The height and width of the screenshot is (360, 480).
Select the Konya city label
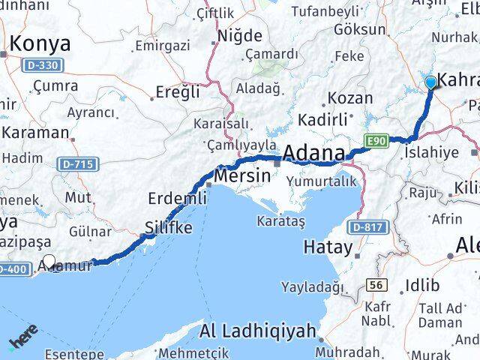coord(40,43)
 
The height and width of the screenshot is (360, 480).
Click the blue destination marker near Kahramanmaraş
coord(431,82)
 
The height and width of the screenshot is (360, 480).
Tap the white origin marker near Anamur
coord(49,262)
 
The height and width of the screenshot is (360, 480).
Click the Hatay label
coord(328,247)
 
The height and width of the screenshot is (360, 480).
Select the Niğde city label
coord(239,35)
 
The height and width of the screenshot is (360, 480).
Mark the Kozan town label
coord(349,98)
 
